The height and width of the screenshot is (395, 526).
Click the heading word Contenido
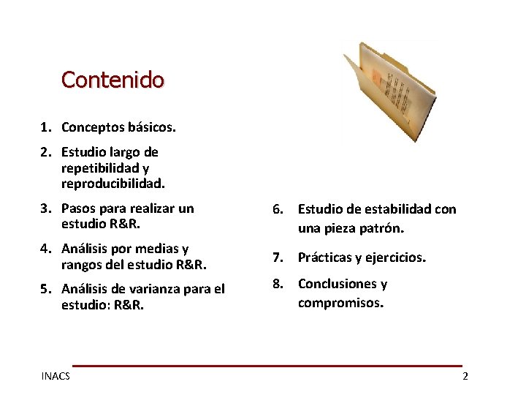pos(113,79)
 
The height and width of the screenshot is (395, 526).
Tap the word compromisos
pos(340,301)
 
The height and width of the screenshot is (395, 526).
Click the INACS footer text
pos(56,376)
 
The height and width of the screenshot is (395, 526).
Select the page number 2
pos(465,376)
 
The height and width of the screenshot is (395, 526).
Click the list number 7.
pos(277,257)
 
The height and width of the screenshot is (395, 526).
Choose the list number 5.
pos(46,289)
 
